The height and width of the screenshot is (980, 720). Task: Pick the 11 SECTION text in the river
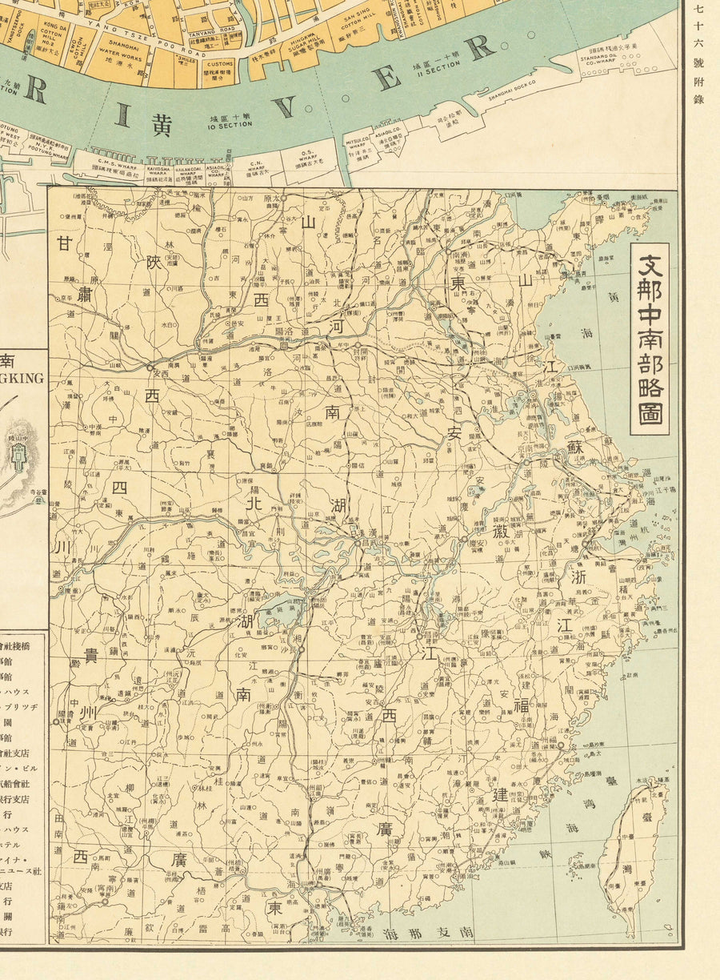pos(434,69)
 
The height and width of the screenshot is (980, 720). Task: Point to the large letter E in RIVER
pos(387,79)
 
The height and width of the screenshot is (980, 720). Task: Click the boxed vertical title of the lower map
pos(649,339)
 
